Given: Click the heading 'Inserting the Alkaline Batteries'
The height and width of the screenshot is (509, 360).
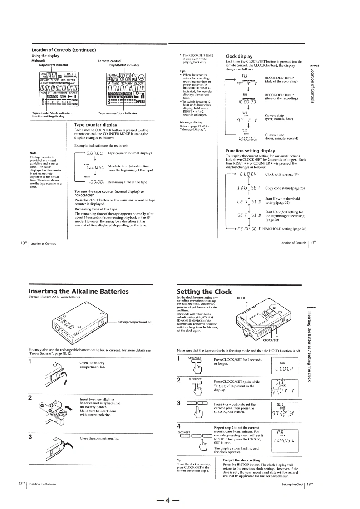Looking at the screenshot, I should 79,291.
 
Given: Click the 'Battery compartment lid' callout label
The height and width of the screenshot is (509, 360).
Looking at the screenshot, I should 135,322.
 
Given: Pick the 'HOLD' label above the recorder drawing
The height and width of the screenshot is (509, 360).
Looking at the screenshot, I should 241,298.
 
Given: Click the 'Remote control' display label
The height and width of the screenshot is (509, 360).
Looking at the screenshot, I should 109,60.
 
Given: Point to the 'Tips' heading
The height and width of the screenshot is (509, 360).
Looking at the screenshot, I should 182,71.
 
